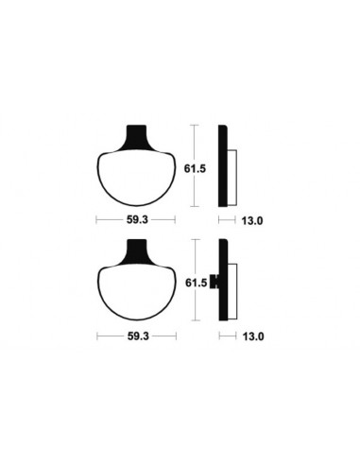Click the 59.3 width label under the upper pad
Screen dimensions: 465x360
[x=138, y=220]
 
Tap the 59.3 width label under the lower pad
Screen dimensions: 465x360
[x=138, y=336]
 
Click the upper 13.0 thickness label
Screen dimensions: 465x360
[x=251, y=220]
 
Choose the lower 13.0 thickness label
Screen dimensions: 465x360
[x=251, y=336]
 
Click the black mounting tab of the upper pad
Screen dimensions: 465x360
[x=138, y=136]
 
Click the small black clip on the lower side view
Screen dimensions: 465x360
[x=214, y=281]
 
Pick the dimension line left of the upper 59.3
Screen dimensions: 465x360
[x=109, y=220]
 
